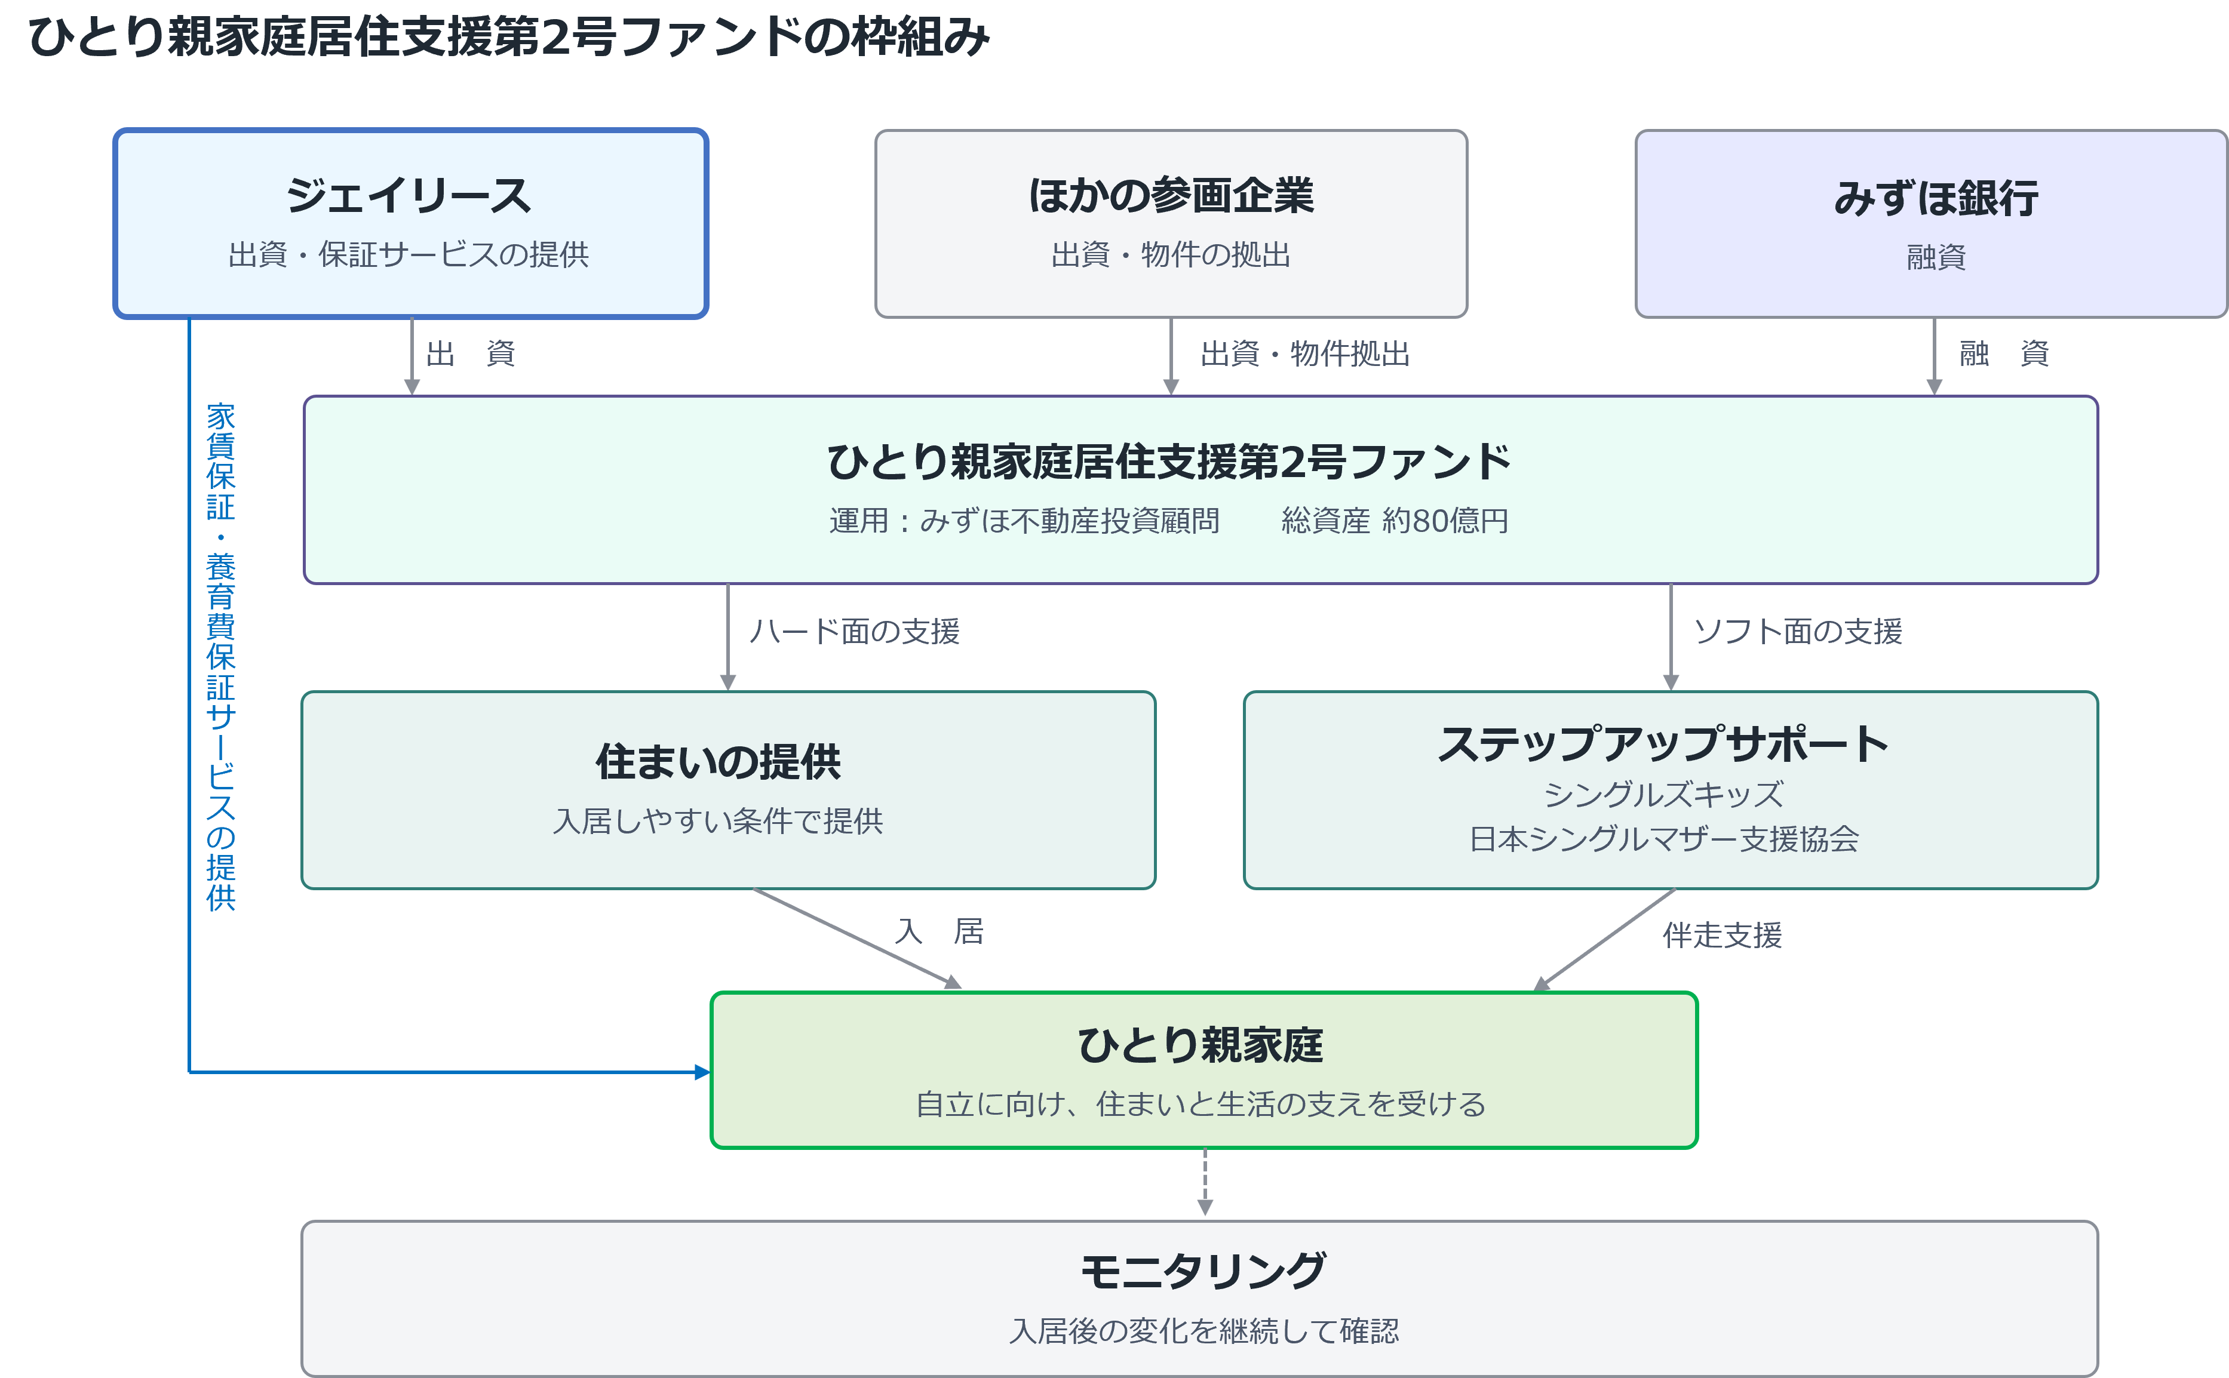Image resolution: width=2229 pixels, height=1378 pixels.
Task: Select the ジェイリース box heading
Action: (x=409, y=196)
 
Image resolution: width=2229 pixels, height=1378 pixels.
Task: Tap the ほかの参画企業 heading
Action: (x=1171, y=196)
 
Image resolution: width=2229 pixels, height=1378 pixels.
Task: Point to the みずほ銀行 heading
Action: (x=1936, y=198)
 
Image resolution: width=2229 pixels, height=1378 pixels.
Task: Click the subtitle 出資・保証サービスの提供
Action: (x=409, y=254)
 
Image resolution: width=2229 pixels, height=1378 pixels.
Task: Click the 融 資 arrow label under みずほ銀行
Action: (x=2004, y=353)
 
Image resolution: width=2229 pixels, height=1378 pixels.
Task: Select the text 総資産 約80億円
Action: (x=1395, y=521)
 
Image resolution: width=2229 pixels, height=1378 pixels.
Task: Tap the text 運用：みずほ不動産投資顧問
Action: (x=1024, y=521)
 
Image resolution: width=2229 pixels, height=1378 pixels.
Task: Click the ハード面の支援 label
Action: (x=854, y=630)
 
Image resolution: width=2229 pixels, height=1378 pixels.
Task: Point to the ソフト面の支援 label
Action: (x=1798, y=630)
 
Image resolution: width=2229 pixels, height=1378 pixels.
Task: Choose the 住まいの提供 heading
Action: (x=719, y=762)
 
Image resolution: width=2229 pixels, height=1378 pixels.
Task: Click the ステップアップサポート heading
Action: (x=1663, y=744)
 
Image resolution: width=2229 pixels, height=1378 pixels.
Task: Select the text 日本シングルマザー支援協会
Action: (x=1664, y=838)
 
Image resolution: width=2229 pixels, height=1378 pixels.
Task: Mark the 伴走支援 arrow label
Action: (x=1722, y=935)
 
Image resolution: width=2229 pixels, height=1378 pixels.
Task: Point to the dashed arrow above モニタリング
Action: (x=1205, y=1182)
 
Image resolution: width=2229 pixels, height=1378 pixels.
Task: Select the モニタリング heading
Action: (x=1203, y=1271)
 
